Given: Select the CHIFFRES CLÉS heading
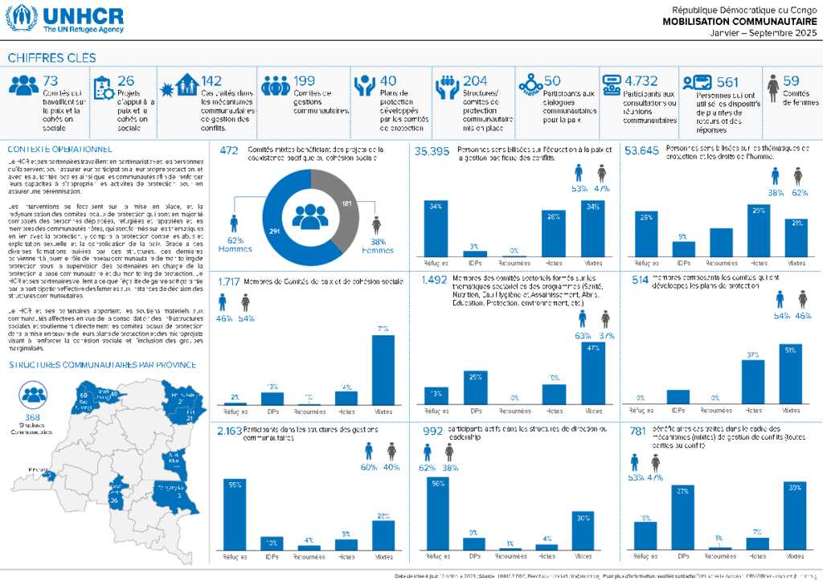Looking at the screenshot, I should point(51,58).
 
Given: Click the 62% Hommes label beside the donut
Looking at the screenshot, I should point(234,244).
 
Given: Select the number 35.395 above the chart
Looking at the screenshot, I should point(432,150).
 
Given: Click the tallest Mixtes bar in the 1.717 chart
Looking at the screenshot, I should point(383,369).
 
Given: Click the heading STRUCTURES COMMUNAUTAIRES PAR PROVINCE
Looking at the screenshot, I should point(102,364).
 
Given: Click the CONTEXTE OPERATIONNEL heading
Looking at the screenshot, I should point(60,150).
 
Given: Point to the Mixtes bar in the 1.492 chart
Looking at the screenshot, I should point(594,372).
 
